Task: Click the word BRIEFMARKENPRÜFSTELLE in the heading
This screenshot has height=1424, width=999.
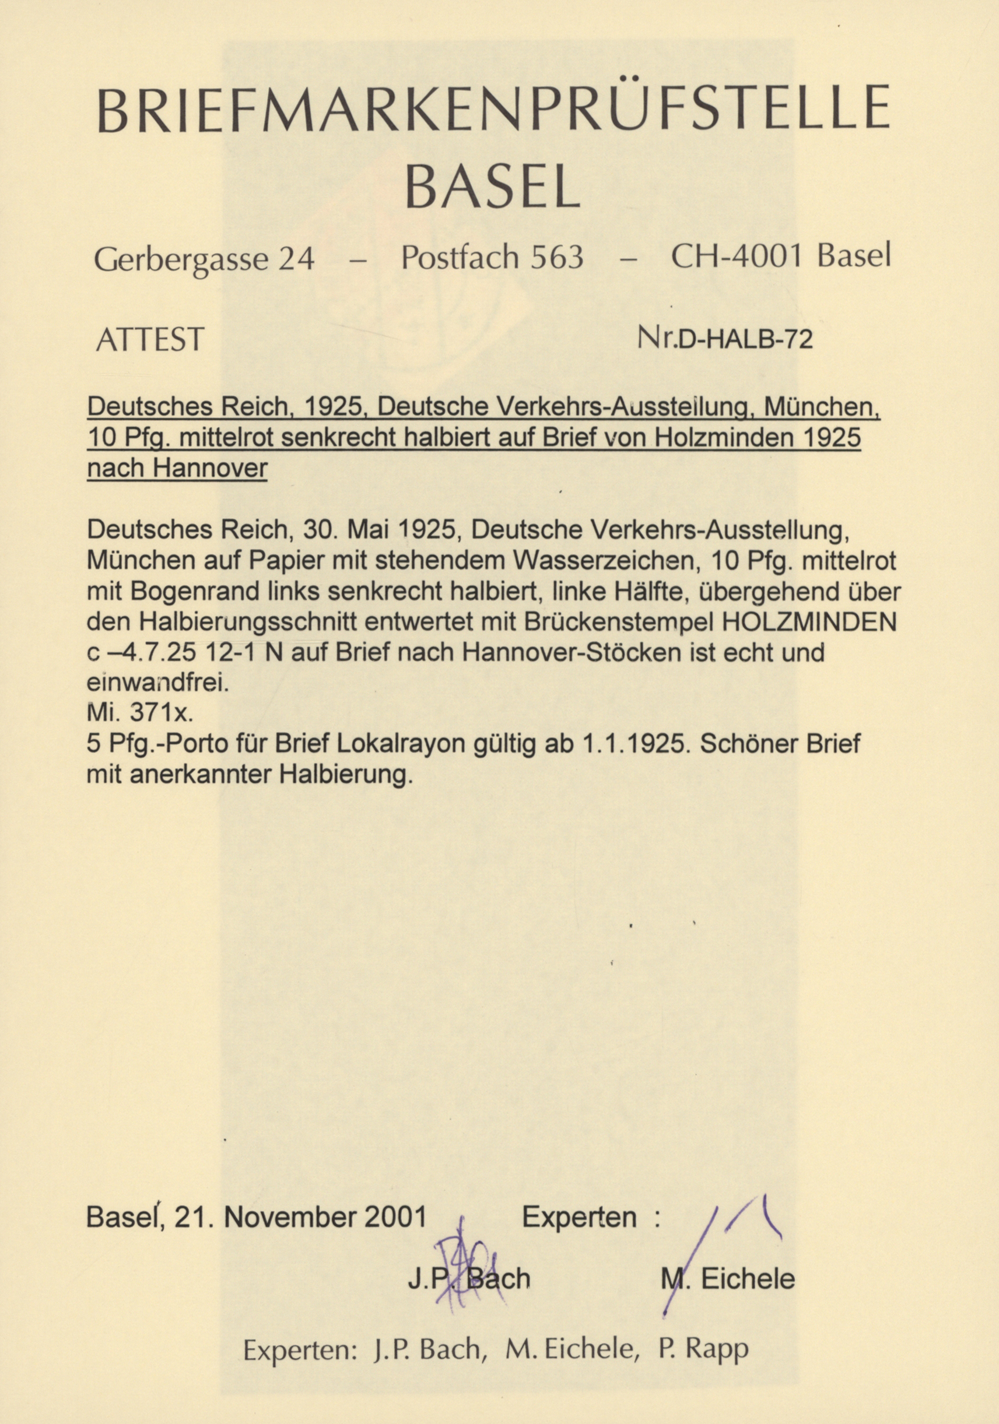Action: (493, 111)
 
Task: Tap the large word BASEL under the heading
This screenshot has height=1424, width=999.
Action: (493, 185)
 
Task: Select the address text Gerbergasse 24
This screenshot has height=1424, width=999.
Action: (204, 259)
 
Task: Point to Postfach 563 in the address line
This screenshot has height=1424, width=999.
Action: (492, 257)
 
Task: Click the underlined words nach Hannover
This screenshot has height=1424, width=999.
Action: (177, 468)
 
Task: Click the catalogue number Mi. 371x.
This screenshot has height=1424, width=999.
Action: (139, 714)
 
